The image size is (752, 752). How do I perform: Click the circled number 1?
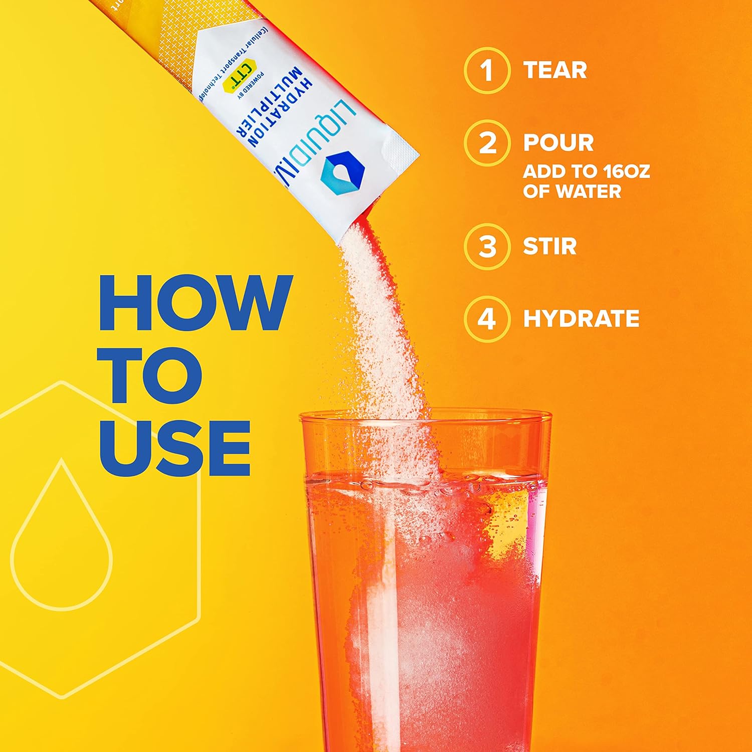487,70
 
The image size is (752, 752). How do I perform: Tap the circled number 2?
487,143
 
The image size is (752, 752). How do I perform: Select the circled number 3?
487,247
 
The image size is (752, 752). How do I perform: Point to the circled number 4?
487,319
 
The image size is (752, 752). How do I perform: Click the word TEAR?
555,70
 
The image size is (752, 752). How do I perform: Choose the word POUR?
558,143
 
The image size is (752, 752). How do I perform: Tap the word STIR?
550,247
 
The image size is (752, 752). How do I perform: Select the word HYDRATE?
581,319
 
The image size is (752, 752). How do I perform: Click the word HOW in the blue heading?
196,303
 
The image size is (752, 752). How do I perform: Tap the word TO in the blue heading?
150,375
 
